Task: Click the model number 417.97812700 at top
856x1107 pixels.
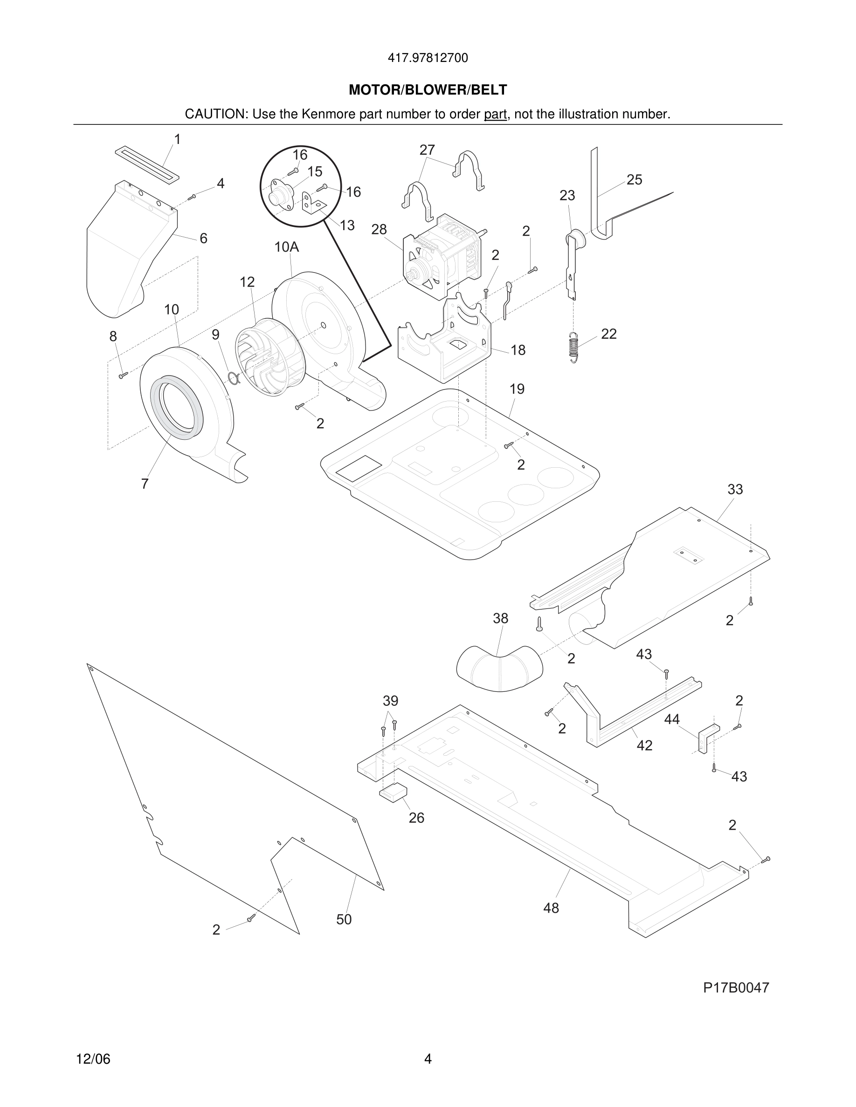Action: click(428, 58)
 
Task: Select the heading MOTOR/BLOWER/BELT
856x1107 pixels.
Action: click(428, 90)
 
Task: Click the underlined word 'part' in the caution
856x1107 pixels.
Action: click(495, 115)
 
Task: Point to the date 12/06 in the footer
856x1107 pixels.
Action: click(93, 1059)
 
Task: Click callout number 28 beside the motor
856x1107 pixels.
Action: click(379, 230)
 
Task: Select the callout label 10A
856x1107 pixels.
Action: click(287, 247)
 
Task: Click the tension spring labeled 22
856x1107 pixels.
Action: click(573, 347)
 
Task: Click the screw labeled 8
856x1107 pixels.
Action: click(123, 376)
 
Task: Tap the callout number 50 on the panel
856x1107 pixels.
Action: click(344, 919)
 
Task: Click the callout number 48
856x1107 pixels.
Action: click(551, 908)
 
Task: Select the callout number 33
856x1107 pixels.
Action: click(735, 489)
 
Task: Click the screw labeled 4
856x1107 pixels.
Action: click(192, 197)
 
